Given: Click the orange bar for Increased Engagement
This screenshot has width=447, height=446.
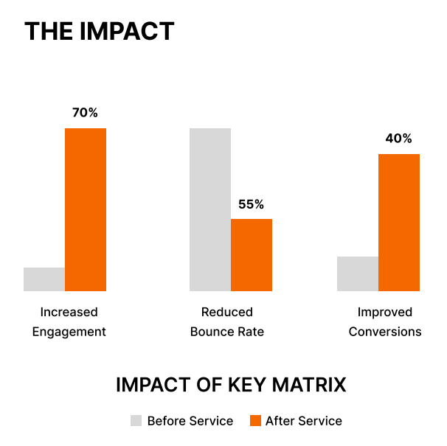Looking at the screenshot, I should click(86, 209).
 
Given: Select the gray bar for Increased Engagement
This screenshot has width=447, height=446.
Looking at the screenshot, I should click(44, 279).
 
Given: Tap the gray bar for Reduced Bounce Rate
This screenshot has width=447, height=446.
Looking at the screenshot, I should click(210, 209).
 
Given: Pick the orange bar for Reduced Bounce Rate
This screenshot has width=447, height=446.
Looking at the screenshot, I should click(252, 255).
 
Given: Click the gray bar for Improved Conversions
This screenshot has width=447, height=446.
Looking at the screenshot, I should click(358, 273).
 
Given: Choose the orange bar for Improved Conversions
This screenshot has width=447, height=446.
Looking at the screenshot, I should click(399, 223).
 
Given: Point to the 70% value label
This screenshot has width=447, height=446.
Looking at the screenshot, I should click(85, 113).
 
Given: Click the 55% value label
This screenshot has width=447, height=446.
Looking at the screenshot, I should click(251, 204).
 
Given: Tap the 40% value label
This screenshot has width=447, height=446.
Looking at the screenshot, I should click(398, 139).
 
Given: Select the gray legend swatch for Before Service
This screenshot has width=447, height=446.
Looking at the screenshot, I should click(136, 421).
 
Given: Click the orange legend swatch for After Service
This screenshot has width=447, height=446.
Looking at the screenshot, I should click(255, 421).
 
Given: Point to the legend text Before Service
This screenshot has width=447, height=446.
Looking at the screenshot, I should click(190, 421).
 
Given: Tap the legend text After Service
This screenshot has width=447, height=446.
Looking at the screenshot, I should click(304, 421).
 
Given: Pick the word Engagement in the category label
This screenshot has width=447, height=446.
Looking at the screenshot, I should click(69, 332).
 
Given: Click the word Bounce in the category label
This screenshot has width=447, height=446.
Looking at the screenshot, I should click(209, 332).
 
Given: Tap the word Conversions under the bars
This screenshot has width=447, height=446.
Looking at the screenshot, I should click(385, 332).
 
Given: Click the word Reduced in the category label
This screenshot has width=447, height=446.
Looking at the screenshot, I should click(227, 312).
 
